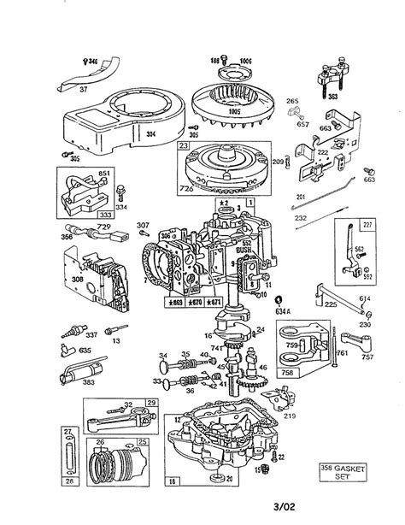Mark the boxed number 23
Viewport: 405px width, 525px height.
182,146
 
